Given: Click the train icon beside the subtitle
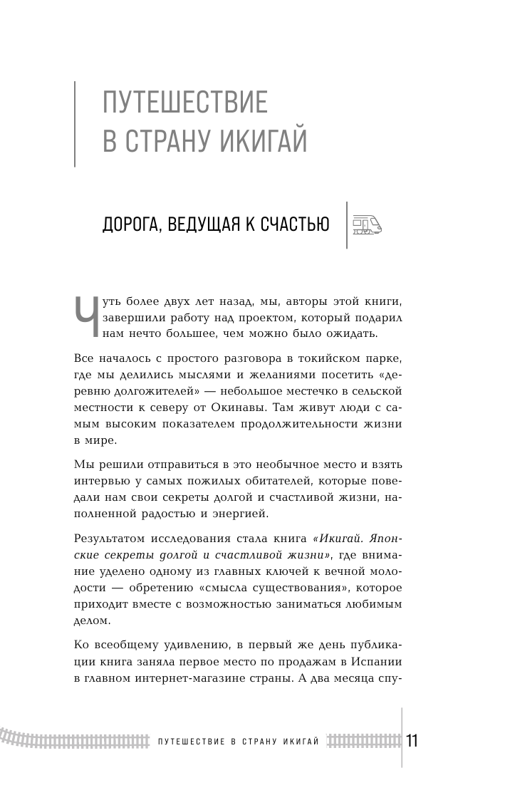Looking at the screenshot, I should tap(367, 224).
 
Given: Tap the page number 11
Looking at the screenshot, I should tap(412, 741).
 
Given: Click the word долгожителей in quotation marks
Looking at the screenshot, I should tap(162, 390).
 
